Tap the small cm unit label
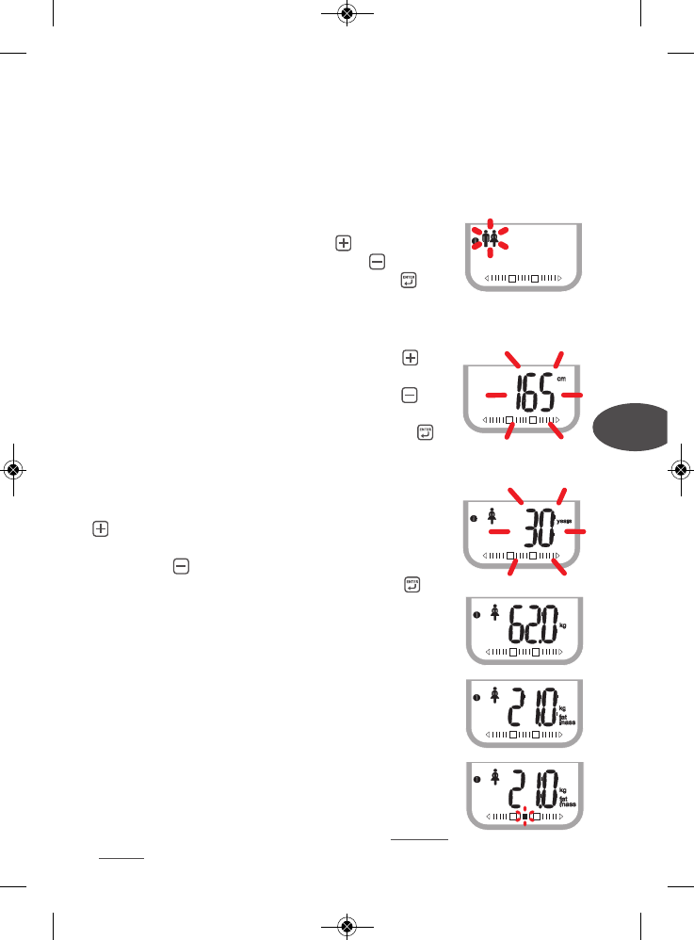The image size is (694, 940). point(561,380)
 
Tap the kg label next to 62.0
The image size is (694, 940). point(564,624)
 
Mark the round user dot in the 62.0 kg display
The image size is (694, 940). point(474,616)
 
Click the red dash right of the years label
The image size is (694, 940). point(576,533)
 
